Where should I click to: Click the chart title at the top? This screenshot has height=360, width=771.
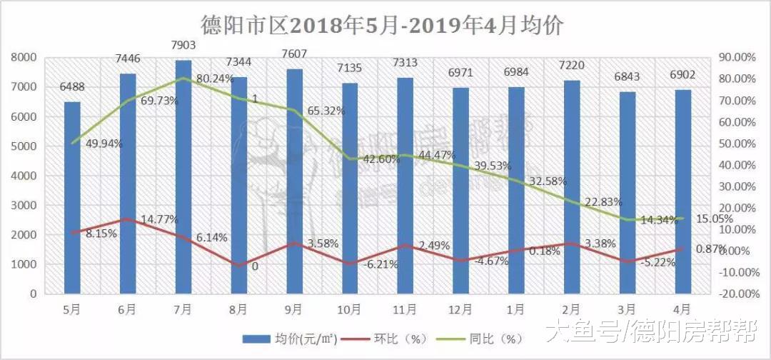(385, 26)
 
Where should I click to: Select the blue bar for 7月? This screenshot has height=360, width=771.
(183, 179)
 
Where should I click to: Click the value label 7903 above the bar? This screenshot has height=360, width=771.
(183, 46)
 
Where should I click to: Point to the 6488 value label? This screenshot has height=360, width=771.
(72, 88)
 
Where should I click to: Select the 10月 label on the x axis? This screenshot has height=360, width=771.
(350, 309)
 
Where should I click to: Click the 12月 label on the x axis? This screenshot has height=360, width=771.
(461, 309)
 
